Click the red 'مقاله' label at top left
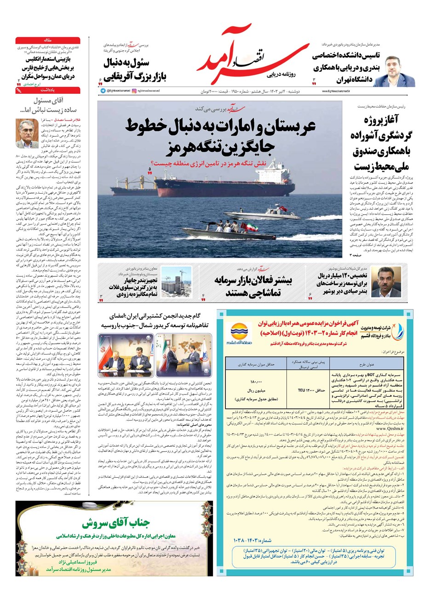pyautogui.click(x=48, y=40)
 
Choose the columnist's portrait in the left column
pyautogui.click(x=27, y=131)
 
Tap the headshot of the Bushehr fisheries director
pyautogui.click(x=383, y=281)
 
